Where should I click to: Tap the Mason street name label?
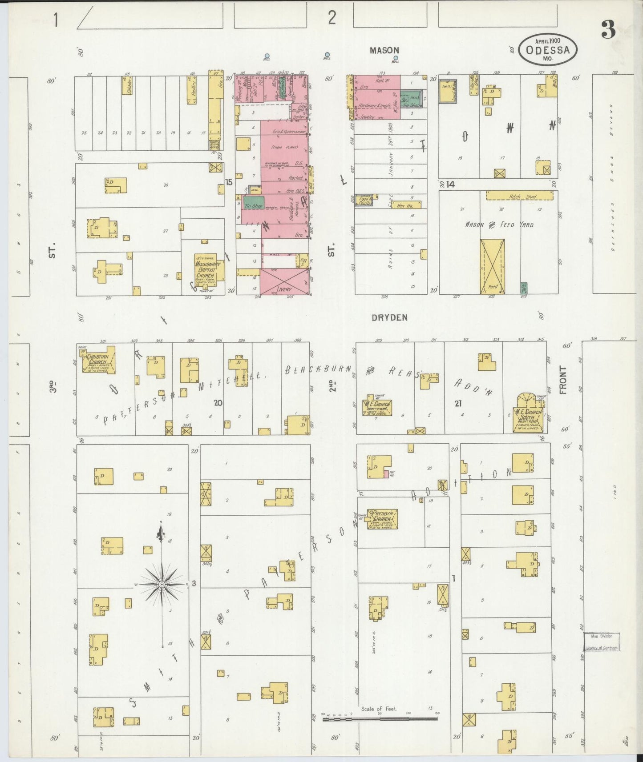click(384, 51)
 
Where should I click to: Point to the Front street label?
click(563, 380)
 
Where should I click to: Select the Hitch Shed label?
click(519, 196)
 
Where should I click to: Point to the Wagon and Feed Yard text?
click(499, 225)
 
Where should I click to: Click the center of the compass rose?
click(162, 584)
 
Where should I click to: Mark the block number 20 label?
click(218, 403)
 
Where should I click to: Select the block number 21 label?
click(457, 403)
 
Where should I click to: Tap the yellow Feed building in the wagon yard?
click(492, 266)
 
